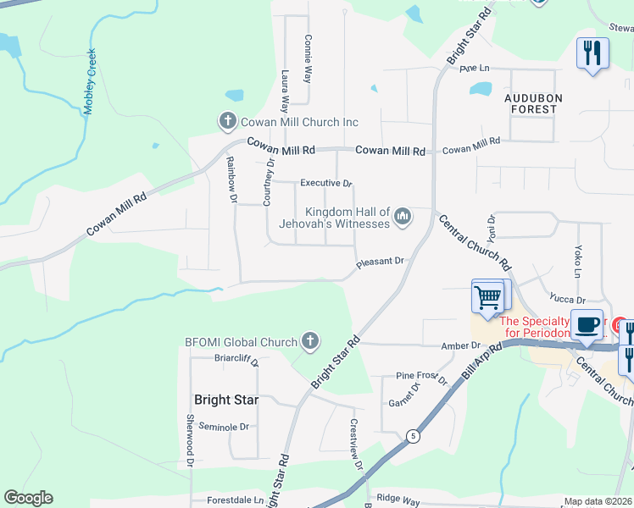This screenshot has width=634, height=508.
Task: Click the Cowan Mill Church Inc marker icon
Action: [x=227, y=122]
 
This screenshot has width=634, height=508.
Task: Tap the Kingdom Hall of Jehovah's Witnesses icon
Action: [x=403, y=218]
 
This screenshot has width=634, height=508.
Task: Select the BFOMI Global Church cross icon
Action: [x=309, y=342]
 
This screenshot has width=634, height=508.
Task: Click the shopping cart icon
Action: [x=487, y=298]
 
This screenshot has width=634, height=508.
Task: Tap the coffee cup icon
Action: [x=587, y=323]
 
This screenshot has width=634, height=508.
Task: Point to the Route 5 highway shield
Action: [x=413, y=436]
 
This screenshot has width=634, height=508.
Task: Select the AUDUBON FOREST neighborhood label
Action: [x=531, y=103]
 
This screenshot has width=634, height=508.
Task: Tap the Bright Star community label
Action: [x=225, y=400]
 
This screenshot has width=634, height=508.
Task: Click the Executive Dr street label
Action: [x=326, y=183]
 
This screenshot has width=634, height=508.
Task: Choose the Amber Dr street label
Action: [x=460, y=345]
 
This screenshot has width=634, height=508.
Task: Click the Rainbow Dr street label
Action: [x=231, y=181]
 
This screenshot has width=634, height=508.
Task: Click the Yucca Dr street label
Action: [x=568, y=300]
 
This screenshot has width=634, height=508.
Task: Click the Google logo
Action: [x=28, y=498]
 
